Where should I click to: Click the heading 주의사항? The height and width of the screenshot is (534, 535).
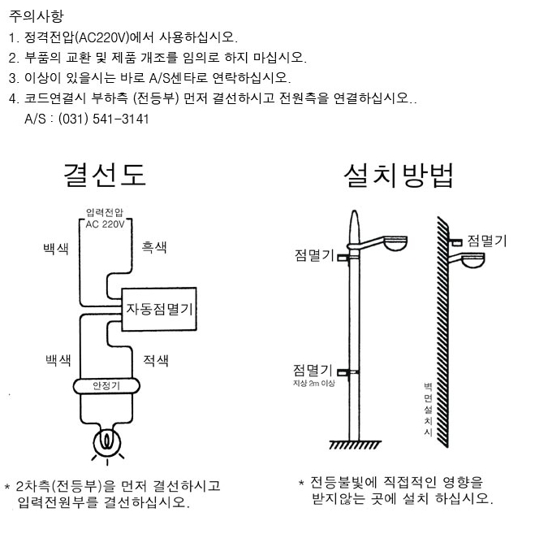click(35, 15)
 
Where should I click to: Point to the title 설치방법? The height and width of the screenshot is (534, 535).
click(399, 174)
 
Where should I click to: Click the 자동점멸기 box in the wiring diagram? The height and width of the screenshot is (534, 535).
click(161, 310)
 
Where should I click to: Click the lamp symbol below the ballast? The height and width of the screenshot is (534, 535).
click(106, 441)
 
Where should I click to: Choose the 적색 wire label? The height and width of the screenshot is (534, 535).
click(154, 359)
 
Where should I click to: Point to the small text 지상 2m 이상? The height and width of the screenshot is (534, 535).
click(315, 381)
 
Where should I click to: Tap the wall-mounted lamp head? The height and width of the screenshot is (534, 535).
click(471, 260)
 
